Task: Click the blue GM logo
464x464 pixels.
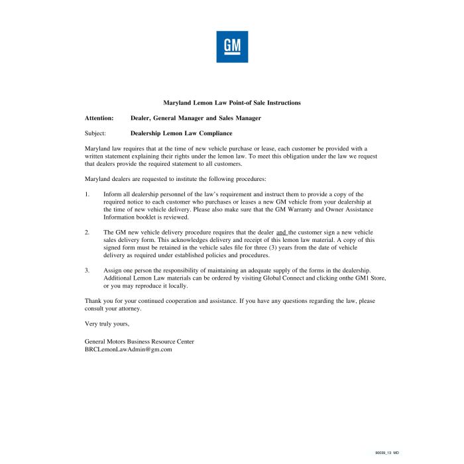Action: coord(232,47)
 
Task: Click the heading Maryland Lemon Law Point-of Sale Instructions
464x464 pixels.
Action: coord(232,103)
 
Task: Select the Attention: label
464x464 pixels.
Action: coord(99,118)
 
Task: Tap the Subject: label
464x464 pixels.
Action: coord(95,133)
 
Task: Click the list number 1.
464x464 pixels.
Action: coord(87,194)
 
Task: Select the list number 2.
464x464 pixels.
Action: coord(87,232)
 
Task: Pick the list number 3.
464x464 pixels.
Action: coord(87,270)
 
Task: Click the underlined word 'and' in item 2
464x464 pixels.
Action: coord(281,232)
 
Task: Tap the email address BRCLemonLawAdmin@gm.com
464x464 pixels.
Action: coord(129,349)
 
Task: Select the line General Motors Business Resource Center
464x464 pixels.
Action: coord(139,341)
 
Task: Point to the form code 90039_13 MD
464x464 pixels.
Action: coord(387,452)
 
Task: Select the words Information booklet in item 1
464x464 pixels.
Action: coord(133,217)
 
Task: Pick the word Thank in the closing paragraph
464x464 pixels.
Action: coord(93,301)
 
